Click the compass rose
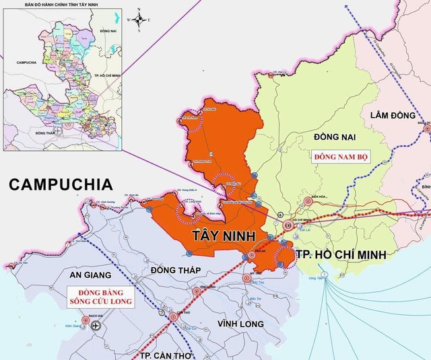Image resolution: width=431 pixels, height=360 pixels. pos(138,20)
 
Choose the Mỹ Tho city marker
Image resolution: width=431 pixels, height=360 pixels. pos(246,277)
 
